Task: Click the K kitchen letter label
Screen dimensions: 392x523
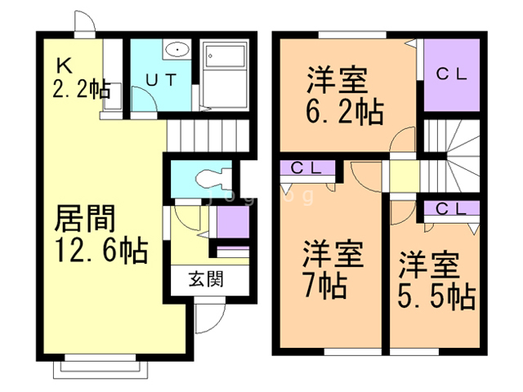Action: (x=64, y=65)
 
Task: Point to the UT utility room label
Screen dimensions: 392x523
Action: (x=159, y=79)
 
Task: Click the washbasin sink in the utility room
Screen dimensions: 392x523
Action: (x=176, y=51)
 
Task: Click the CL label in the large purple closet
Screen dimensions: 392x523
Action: (x=450, y=73)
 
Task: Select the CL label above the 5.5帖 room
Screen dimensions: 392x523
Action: (x=450, y=207)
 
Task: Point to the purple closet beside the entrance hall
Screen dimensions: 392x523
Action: (x=233, y=221)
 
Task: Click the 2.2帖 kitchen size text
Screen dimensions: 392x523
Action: (x=82, y=89)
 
